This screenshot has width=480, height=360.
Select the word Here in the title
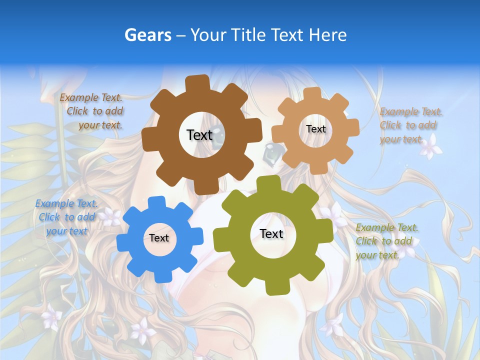click(327, 35)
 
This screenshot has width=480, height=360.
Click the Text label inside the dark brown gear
click(199, 135)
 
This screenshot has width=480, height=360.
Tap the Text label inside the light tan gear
click(315, 129)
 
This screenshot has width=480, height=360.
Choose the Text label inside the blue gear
click(159, 238)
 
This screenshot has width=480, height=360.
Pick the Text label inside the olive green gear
click(271, 234)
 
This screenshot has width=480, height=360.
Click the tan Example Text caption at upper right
click(410, 125)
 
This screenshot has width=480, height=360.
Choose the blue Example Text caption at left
click(66, 217)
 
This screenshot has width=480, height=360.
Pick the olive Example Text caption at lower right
click(386, 241)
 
